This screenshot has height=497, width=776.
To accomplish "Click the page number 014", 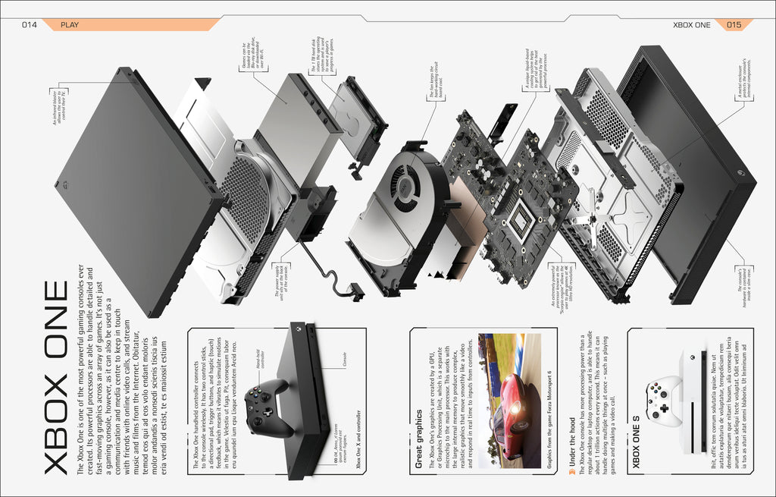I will click(30, 24).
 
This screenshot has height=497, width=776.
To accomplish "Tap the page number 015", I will click(734, 24).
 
